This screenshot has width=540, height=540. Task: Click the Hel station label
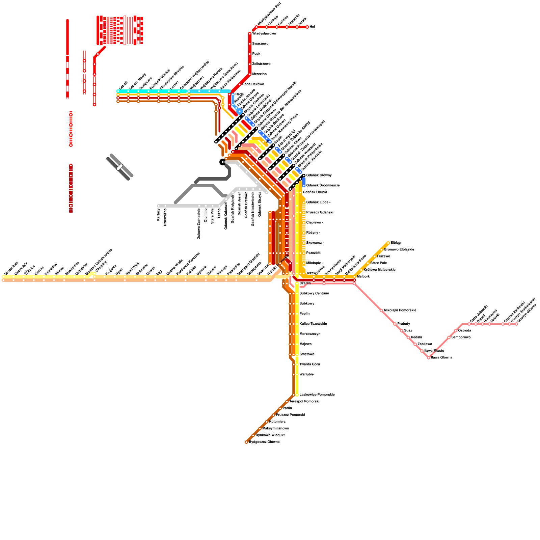point(312,27)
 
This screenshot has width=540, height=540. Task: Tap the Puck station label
point(256,54)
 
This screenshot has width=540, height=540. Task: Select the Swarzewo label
point(261,44)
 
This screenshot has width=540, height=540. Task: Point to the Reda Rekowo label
point(253,84)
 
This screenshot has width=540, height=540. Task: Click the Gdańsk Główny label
point(319,175)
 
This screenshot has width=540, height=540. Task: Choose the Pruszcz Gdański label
point(320,213)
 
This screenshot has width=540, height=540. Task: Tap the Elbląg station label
point(396,243)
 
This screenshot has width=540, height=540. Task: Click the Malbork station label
point(363,277)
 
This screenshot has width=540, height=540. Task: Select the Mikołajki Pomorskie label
point(400,310)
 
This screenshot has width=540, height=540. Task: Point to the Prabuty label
point(404,324)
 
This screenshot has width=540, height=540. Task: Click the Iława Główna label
point(442,358)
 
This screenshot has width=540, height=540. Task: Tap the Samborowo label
point(461,337)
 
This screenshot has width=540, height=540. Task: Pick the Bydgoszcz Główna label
point(264,442)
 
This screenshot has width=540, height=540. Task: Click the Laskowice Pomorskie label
point(317,395)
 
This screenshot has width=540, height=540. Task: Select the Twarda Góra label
point(310,364)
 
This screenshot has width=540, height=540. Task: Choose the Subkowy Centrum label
point(314,294)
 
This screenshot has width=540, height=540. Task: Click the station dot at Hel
point(307,27)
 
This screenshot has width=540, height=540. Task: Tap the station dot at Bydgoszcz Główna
point(246,442)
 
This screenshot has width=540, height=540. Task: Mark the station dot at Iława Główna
point(429,358)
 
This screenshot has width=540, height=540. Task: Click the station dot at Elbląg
point(388,243)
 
